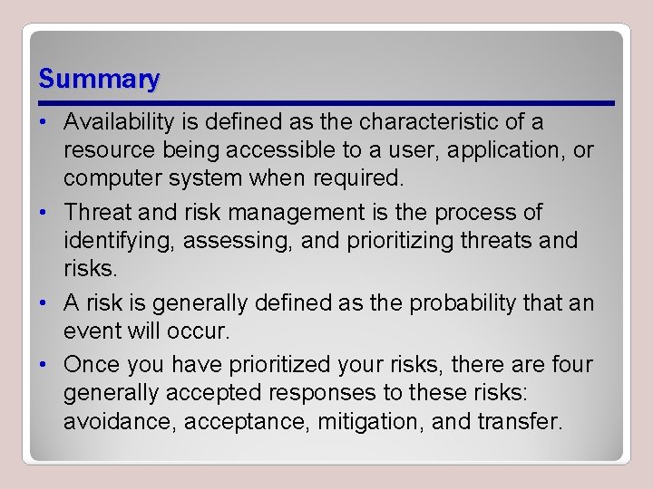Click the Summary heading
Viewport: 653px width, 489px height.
tap(99, 79)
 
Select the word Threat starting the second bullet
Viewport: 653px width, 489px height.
tap(97, 213)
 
